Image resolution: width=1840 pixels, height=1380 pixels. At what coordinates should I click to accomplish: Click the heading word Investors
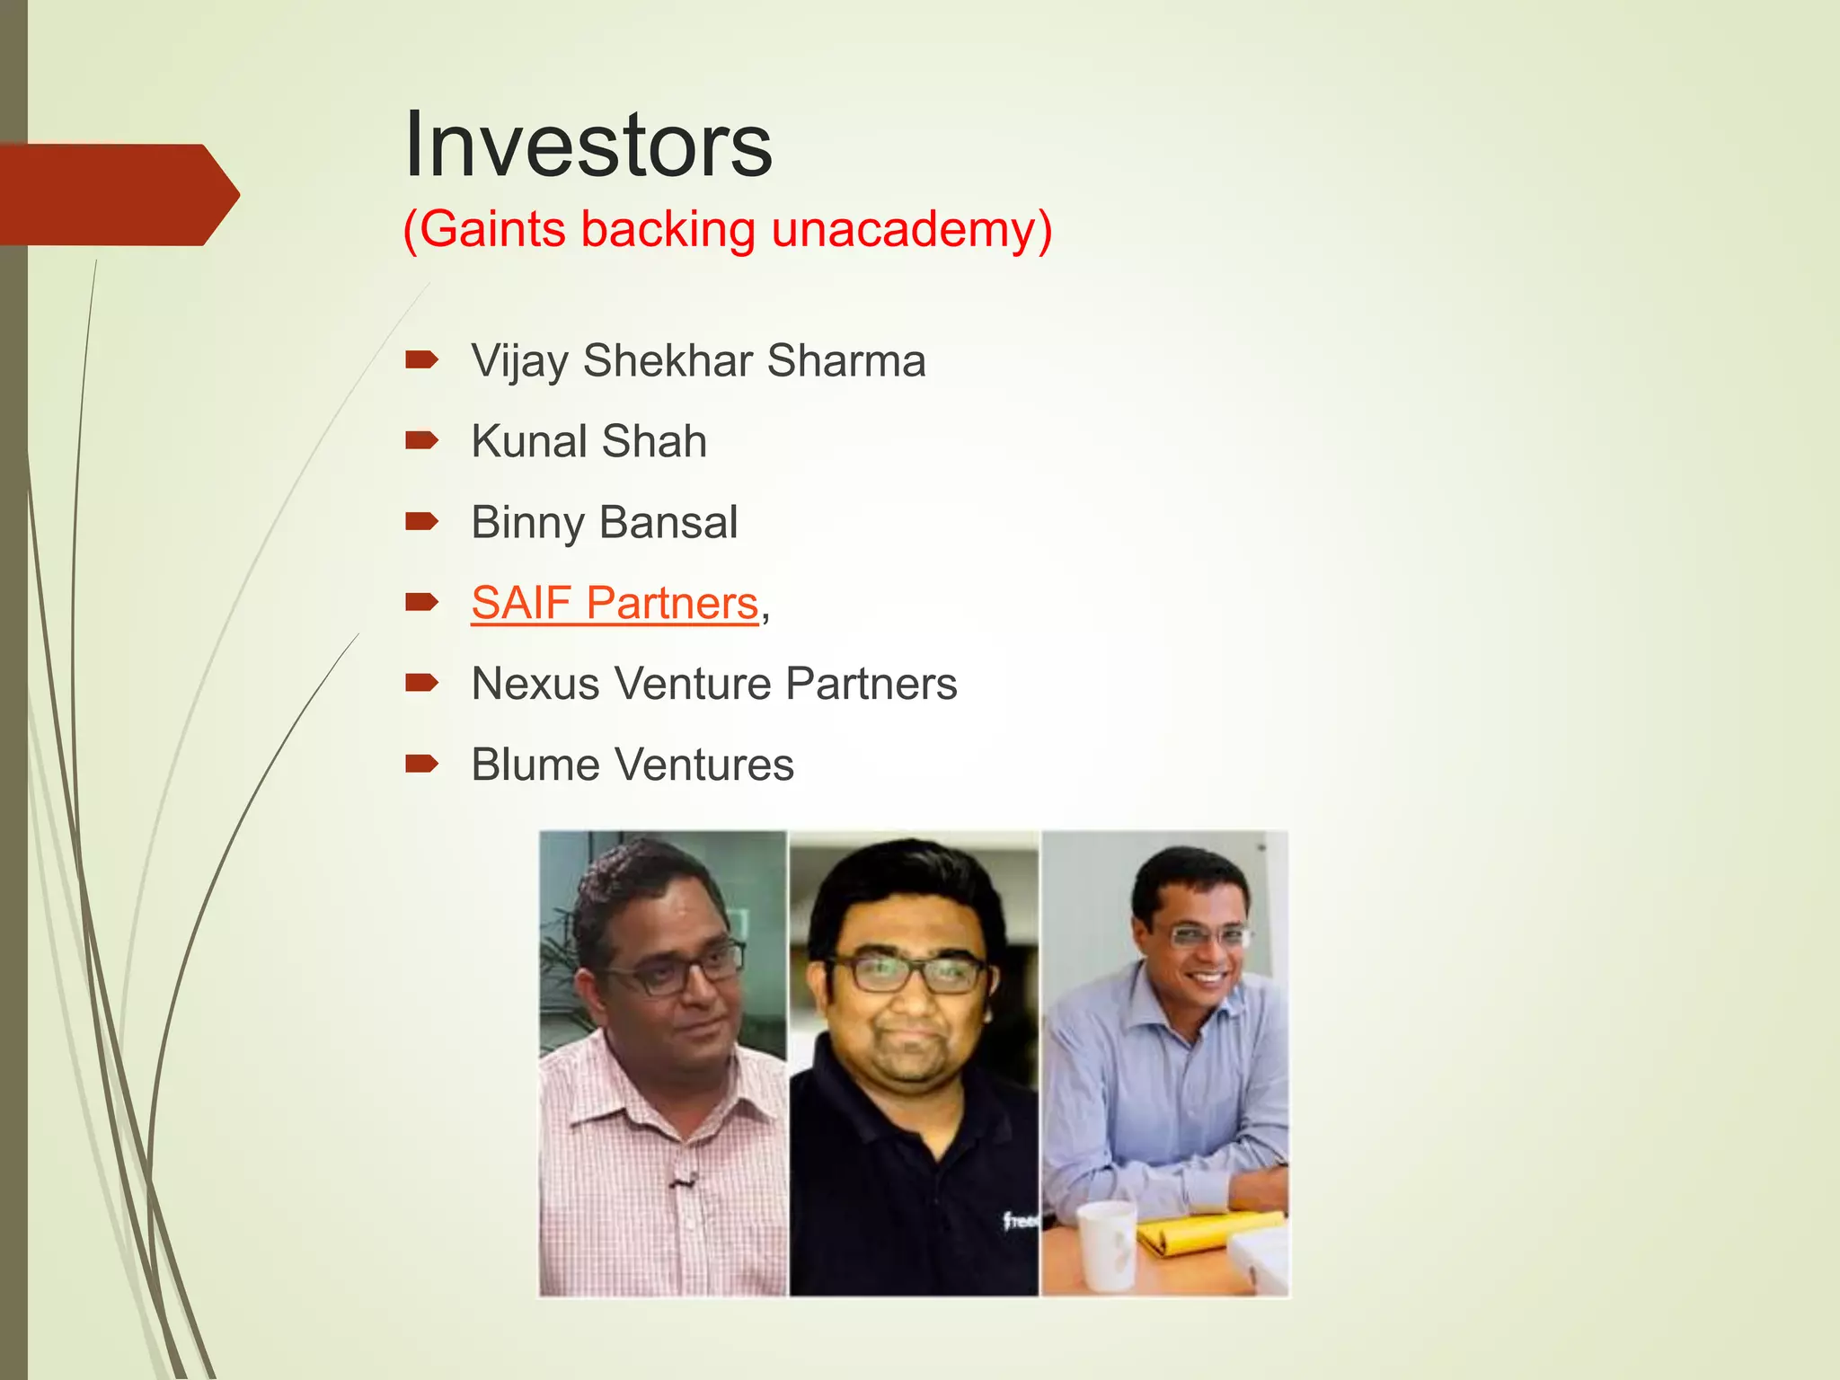[588, 146]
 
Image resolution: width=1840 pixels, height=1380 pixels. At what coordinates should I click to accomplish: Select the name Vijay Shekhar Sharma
[698, 361]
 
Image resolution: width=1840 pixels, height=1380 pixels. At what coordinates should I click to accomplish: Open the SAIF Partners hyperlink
[615, 604]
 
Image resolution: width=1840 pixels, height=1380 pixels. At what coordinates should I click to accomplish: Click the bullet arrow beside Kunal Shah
[421, 440]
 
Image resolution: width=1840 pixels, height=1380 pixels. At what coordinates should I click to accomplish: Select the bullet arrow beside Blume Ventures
[421, 765]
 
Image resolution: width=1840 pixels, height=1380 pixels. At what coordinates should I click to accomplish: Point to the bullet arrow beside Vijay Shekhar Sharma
[421, 360]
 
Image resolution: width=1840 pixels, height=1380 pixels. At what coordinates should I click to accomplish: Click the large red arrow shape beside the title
[117, 194]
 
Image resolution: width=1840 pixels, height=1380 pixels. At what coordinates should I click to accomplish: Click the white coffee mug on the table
[1107, 1244]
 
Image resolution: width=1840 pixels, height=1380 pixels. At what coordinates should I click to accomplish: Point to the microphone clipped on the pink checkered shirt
[683, 1178]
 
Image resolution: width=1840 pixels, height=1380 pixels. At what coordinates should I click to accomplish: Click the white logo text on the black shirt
[1021, 1220]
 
